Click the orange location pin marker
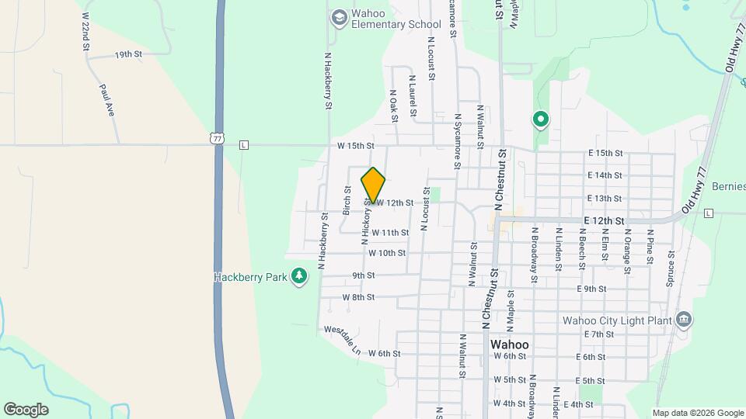374,185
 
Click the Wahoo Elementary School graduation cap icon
339,16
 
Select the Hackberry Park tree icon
299,276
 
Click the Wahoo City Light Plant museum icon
684,320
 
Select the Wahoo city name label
510,345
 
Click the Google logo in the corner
26,410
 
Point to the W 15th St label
355,146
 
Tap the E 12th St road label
606,220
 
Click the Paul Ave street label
107,100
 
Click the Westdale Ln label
343,339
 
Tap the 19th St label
128,54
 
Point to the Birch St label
347,201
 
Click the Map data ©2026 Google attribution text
697,413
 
